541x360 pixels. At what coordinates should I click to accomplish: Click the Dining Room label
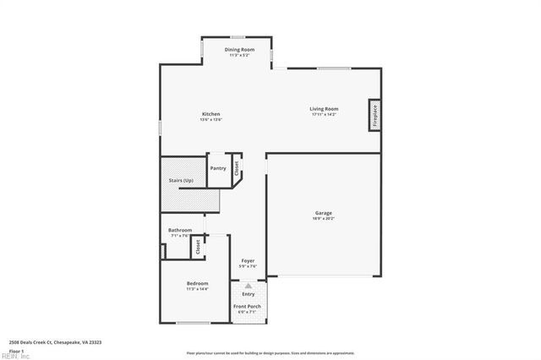tap(239, 50)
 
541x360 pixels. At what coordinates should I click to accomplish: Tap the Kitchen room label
tap(210, 114)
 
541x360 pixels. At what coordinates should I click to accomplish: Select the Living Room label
tap(324, 108)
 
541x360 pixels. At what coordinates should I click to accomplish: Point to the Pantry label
tap(218, 168)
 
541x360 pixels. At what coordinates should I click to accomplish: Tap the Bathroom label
tap(180, 230)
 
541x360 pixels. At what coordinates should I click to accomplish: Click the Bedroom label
tap(198, 283)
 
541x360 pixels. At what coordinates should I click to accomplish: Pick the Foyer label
tap(248, 260)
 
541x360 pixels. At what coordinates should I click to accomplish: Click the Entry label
tap(248, 293)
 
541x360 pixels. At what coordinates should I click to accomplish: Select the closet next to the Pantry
tap(238, 167)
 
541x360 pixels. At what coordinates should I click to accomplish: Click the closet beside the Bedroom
tap(198, 247)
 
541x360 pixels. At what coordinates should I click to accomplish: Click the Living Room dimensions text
tap(324, 114)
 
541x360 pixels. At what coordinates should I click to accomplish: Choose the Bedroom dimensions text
tap(198, 289)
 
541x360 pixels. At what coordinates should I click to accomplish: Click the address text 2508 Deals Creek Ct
tap(55, 341)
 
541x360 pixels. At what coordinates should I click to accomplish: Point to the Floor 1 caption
tap(17, 350)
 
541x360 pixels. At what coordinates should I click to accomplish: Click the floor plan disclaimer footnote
tap(270, 352)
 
